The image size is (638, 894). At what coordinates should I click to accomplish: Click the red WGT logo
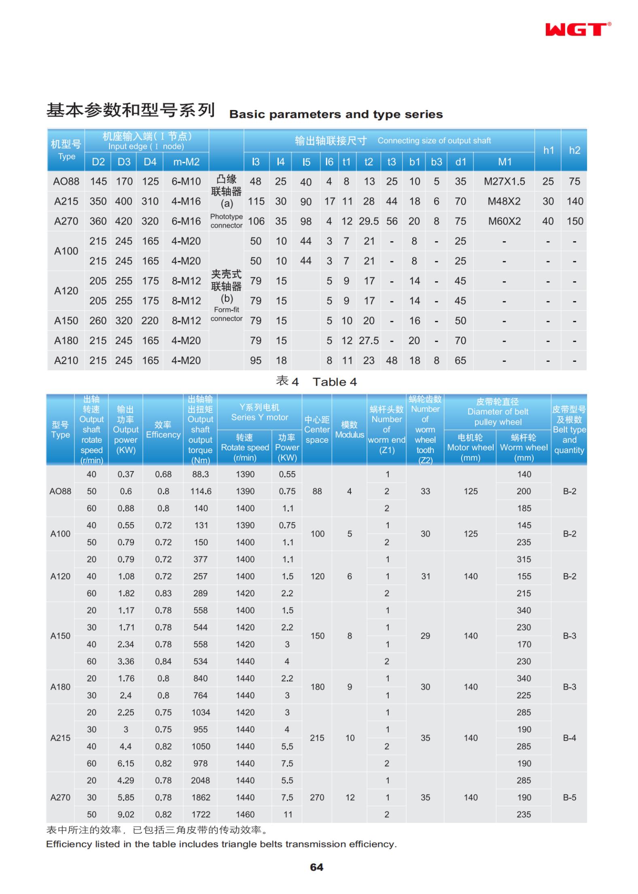[x=577, y=29]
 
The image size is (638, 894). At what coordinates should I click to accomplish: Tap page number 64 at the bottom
[x=316, y=867]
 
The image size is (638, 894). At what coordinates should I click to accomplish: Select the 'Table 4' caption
[x=335, y=382]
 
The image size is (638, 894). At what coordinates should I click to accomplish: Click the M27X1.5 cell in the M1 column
[x=504, y=182]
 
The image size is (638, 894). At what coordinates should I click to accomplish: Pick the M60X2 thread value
[x=504, y=221]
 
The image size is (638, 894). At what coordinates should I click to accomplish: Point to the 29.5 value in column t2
[x=369, y=221]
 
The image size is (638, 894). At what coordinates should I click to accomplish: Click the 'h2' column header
[x=574, y=151]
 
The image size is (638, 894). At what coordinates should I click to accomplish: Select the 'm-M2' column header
[x=186, y=162]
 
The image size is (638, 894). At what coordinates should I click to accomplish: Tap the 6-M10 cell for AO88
[x=186, y=182]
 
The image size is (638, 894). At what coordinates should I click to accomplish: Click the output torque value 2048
[x=200, y=780]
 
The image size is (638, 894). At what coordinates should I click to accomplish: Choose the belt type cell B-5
[x=569, y=797]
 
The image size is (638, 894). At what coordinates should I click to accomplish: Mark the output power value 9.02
[x=125, y=814]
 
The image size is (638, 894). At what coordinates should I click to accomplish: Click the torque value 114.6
[x=201, y=491]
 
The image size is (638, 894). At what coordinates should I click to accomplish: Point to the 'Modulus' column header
[x=350, y=435]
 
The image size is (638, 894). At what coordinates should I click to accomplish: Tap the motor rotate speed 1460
[x=245, y=814]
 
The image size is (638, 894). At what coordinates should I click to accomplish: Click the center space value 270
[x=317, y=797]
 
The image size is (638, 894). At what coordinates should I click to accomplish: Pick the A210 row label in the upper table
[x=66, y=361]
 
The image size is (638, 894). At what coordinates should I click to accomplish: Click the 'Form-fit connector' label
[x=227, y=314]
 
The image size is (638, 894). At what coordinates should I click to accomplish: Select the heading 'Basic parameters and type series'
[x=336, y=115]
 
